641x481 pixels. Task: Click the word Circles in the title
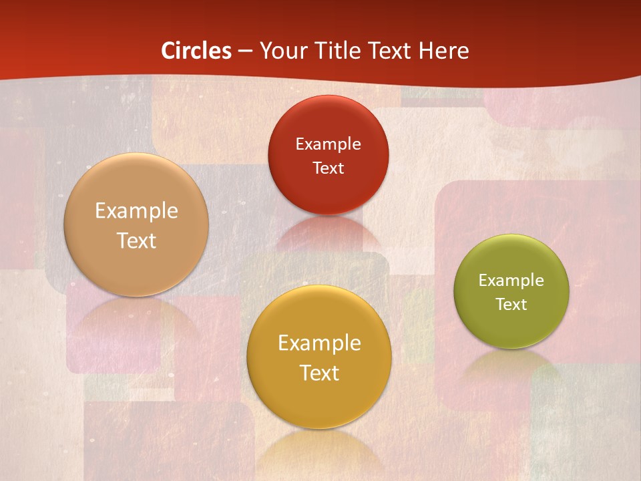point(196,51)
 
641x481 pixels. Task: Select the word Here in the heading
point(444,51)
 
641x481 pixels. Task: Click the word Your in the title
point(283,51)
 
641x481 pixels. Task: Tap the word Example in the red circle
point(328,144)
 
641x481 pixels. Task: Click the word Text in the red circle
point(328,168)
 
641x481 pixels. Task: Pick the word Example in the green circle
point(511,280)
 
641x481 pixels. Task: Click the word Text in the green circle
point(511,304)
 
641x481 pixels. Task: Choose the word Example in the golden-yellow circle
point(319,343)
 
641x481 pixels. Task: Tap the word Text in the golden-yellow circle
point(319,373)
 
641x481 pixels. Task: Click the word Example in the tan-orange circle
point(136,210)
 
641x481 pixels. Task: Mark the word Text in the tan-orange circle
point(136,240)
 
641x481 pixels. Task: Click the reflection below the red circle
point(328,234)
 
